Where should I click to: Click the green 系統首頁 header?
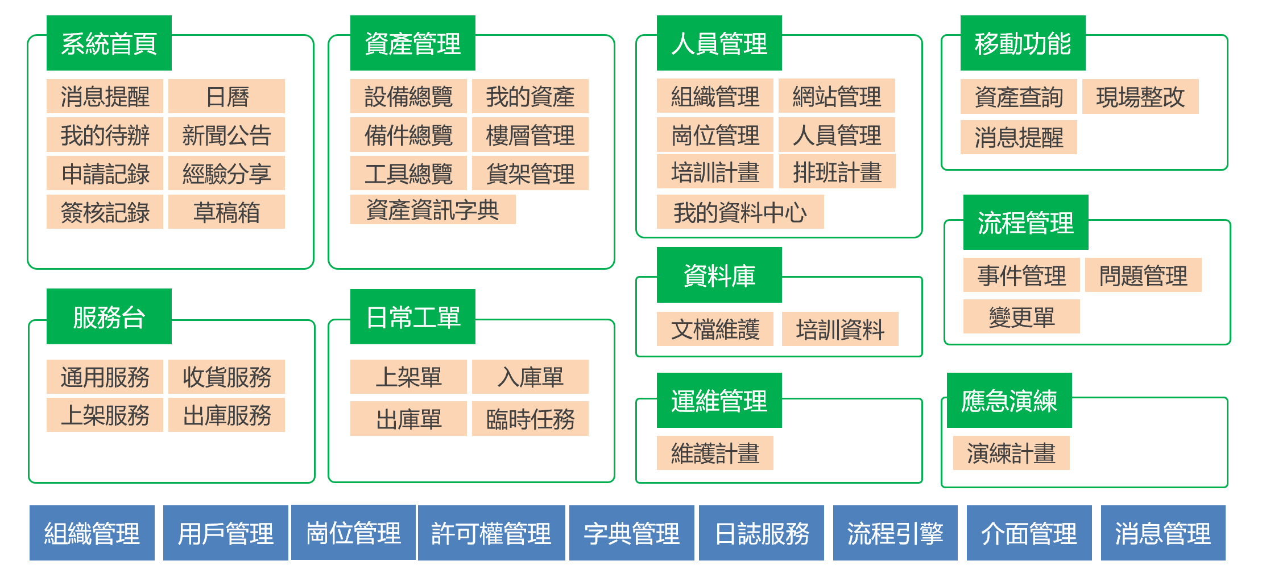(109, 43)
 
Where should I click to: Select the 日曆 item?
(226, 96)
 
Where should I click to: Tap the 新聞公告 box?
(226, 135)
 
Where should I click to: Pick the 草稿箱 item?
(226, 212)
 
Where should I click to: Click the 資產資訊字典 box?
(432, 209)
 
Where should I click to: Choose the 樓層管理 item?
(530, 135)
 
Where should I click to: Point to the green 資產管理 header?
(412, 43)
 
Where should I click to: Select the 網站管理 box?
(836, 96)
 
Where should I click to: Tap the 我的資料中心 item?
(740, 212)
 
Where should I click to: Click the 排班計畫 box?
(837, 172)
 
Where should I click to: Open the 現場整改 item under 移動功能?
(1140, 97)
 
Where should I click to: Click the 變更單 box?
(1021, 316)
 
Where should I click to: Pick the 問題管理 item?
(1143, 275)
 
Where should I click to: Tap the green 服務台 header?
(109, 316)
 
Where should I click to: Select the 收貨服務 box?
(226, 377)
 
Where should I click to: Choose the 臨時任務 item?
(530, 419)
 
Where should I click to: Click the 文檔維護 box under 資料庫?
(715, 329)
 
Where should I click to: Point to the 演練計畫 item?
(1011, 453)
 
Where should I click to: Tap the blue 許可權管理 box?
(491, 533)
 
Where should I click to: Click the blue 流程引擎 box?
(895, 533)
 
